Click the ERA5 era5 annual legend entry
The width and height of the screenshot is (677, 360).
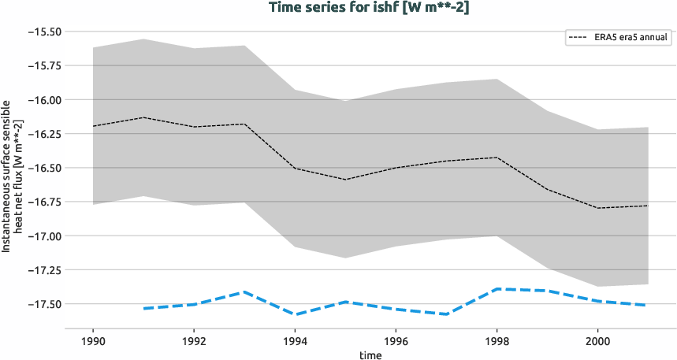[618, 36]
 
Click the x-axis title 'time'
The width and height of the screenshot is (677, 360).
[370, 354]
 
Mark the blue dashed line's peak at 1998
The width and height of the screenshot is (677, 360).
[497, 289]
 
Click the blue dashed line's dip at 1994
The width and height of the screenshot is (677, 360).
[295, 314]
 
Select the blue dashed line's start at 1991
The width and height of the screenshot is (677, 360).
[143, 308]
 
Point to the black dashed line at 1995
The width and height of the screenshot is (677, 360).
[345, 180]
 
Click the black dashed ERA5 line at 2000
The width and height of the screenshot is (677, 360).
[597, 208]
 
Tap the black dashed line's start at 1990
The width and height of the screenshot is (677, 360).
[93, 126]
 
